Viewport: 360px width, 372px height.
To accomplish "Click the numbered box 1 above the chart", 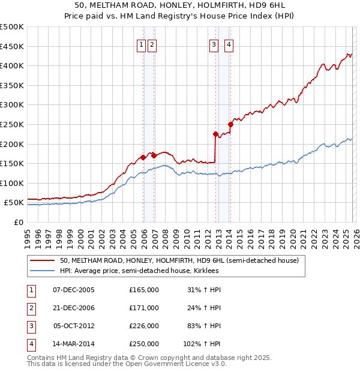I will [x=141, y=44].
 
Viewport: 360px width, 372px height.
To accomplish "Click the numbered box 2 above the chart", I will [x=152, y=44].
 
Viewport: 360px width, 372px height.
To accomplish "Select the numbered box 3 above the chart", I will [x=214, y=44].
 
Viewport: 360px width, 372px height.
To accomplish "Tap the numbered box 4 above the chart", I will [x=229, y=44].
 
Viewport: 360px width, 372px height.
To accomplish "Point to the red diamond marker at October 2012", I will [x=215, y=134].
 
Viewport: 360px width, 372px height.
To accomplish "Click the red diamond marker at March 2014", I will [x=230, y=124].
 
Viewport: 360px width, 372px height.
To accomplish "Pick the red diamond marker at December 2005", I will [x=143, y=158].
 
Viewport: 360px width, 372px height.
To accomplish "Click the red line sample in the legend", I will [x=42, y=260].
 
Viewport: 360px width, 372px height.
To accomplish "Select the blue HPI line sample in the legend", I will [x=42, y=271].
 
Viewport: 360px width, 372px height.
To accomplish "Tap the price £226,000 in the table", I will [x=144, y=326].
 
